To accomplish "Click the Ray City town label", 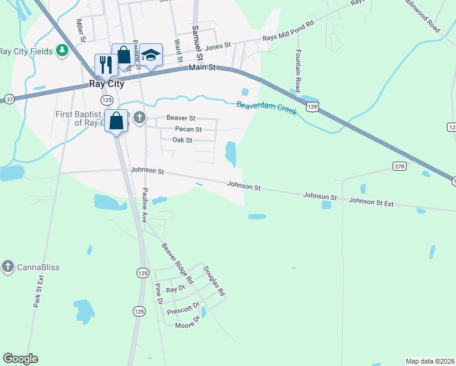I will (106, 84).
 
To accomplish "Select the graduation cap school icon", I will (151, 54).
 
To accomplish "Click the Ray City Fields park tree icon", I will (62, 51).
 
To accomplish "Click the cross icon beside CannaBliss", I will (7, 266).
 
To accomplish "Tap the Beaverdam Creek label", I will (266, 108).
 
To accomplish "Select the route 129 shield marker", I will (312, 107).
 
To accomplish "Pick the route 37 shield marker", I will (9, 99).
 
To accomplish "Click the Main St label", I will (202, 67).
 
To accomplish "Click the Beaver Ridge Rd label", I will (177, 263).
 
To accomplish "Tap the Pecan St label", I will (188, 129).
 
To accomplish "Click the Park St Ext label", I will (38, 291).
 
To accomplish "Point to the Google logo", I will (20, 359).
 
